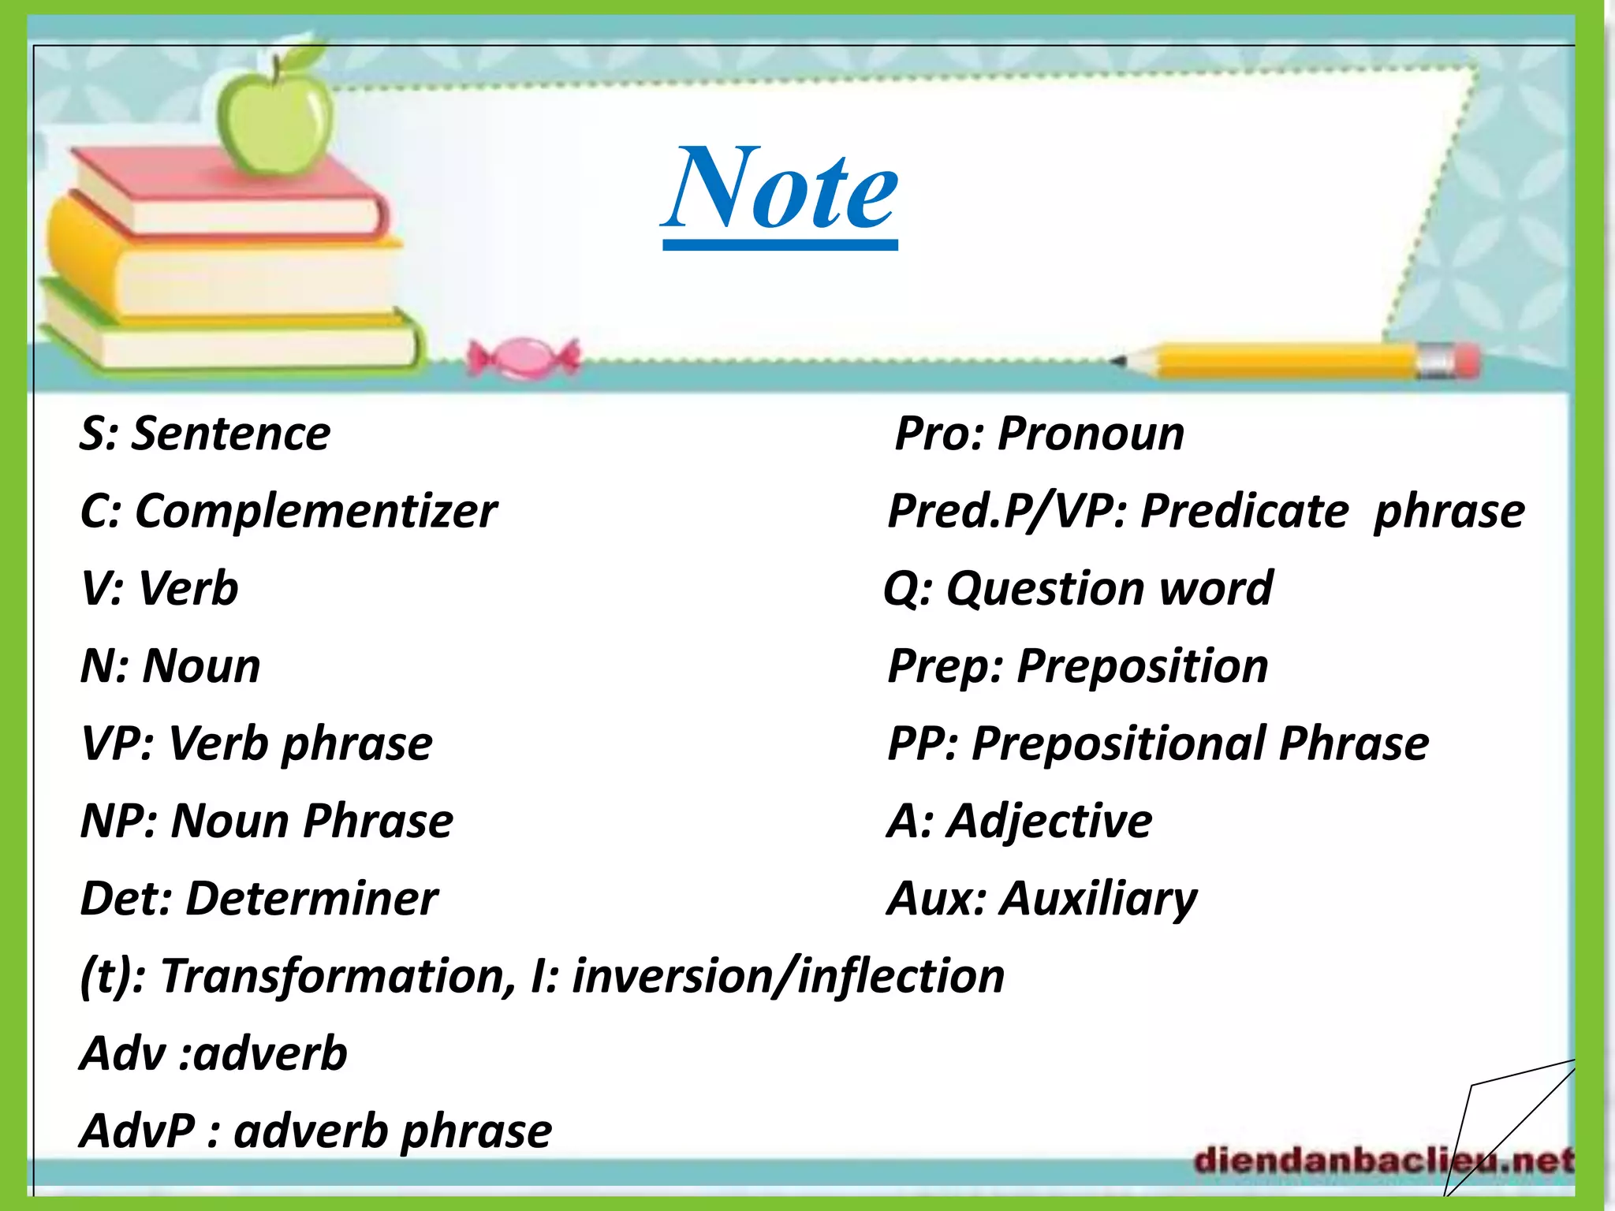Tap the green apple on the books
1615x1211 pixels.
276,114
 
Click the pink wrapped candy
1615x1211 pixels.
523,360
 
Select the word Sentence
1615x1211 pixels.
231,434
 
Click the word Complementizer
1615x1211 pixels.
316,512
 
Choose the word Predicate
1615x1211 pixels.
1244,512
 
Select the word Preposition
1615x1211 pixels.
1143,666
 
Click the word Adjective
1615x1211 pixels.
1049,822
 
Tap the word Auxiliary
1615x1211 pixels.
1098,899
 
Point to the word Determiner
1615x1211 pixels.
311,899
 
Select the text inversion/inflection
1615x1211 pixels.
788,976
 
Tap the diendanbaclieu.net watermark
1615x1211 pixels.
1383,1161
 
